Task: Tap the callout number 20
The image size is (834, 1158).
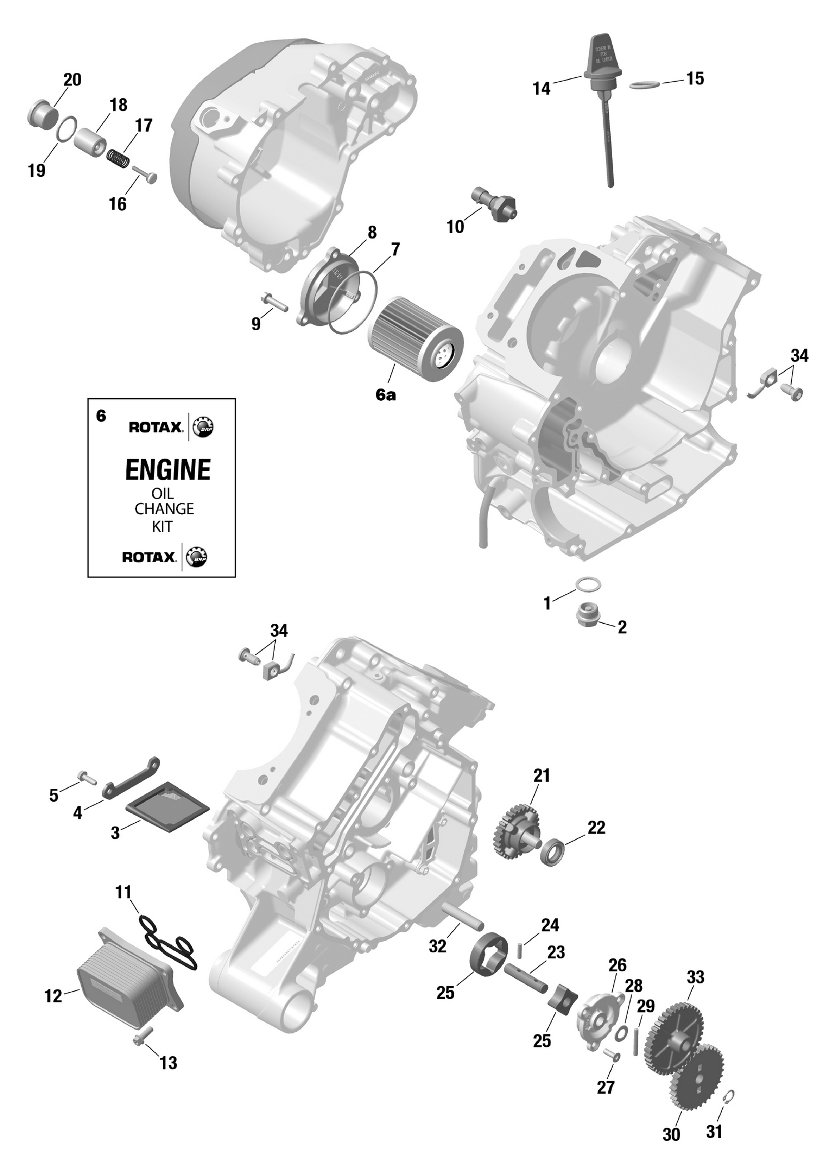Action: (72, 79)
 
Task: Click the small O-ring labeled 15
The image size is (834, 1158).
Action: (645, 85)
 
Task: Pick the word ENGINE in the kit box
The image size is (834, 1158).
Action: (168, 470)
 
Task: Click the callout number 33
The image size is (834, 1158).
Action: (696, 977)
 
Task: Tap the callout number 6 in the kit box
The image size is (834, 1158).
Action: (101, 415)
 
